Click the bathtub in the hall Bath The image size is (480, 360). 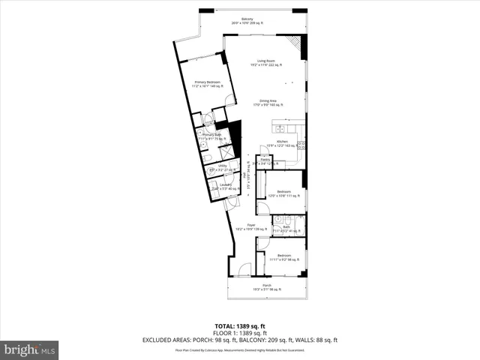tap(298, 224)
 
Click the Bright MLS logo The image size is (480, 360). tap(30, 349)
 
